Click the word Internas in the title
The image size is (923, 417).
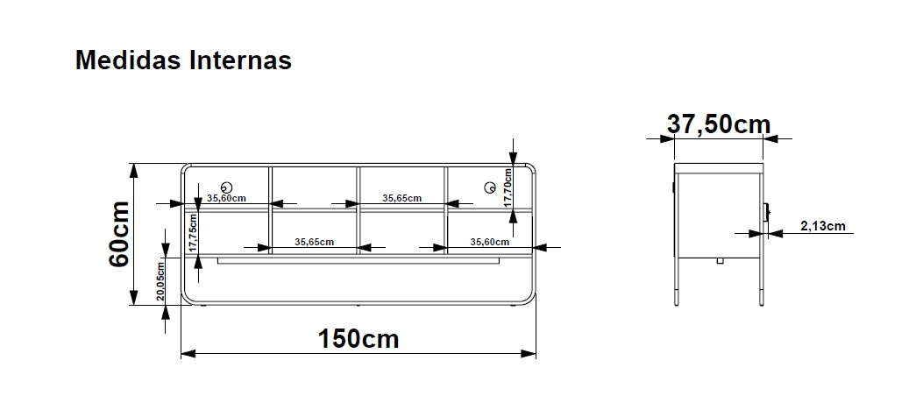[241, 60]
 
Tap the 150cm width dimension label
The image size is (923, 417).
[359, 339]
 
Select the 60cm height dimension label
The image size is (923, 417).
[119, 234]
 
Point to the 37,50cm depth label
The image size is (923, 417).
[718, 124]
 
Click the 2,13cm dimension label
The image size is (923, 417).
[823, 226]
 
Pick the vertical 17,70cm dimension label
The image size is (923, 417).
[508, 187]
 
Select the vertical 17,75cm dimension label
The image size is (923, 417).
[193, 233]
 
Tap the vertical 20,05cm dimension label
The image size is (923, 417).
[160, 281]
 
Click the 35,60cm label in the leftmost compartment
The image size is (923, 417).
[226, 198]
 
